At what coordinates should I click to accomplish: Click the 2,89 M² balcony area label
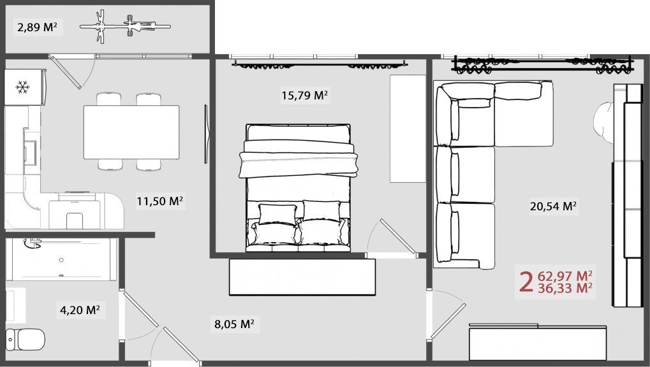[x=37, y=28]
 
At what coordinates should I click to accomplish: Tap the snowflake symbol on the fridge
[x=23, y=87]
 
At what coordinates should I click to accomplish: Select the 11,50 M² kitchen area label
[x=160, y=201]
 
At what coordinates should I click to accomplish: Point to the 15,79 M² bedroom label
[x=305, y=96]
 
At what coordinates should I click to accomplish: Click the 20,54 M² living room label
[x=553, y=206]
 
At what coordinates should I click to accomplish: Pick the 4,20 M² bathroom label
[x=80, y=310]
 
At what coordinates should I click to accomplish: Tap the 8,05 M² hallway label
[x=234, y=324]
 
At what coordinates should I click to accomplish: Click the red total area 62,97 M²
[x=565, y=275]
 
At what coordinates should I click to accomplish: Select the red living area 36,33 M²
[x=565, y=288]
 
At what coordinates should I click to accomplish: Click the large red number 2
[x=526, y=282]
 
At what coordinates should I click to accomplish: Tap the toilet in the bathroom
[x=26, y=339]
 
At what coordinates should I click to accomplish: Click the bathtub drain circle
[x=61, y=260]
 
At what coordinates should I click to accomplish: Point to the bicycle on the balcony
[x=125, y=27]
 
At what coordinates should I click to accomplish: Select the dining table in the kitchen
[x=131, y=132]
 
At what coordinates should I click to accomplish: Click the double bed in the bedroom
[x=298, y=188]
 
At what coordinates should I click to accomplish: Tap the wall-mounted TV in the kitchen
[x=206, y=134]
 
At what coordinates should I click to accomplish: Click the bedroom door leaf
[x=399, y=236]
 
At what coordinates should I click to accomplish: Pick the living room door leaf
[x=448, y=321]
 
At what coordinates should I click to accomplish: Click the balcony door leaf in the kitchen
[x=65, y=71]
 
